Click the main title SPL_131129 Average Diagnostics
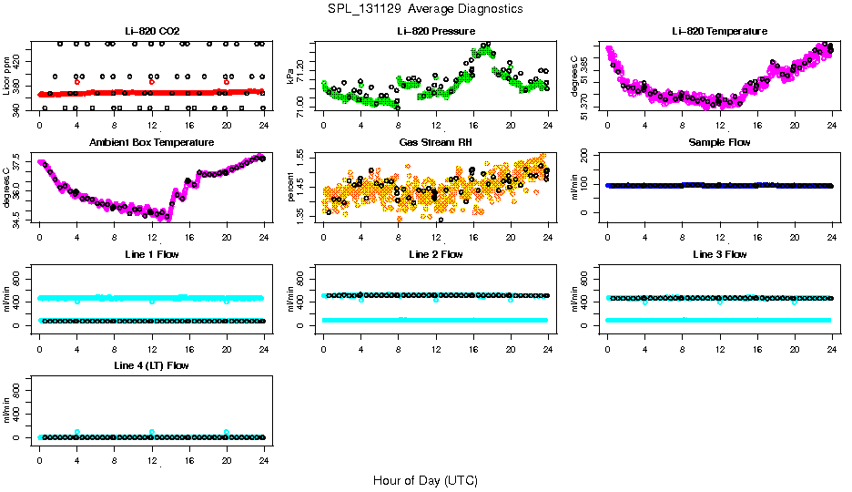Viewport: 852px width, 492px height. coord(426,8)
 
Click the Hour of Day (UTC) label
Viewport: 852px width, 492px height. coord(425,480)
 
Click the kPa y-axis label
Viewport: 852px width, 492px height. coord(290,75)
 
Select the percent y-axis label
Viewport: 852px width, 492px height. coord(290,187)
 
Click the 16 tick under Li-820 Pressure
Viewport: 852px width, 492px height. coord(473,125)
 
